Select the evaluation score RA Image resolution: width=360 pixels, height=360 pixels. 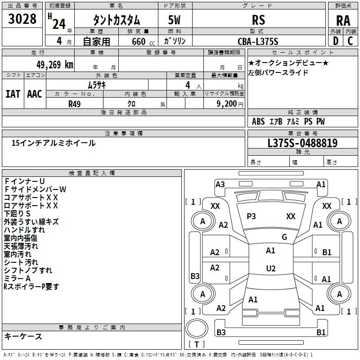[x=343, y=21]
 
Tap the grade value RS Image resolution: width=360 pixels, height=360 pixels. [x=259, y=20]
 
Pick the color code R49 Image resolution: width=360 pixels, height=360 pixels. [x=74, y=103]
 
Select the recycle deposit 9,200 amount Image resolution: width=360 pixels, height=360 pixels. [x=225, y=103]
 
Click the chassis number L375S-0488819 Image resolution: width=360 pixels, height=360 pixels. [x=302, y=143]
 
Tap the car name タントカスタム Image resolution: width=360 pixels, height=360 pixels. [x=117, y=20]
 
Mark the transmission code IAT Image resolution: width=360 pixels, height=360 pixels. [x=12, y=94]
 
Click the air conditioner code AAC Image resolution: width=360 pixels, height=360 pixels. [x=35, y=94]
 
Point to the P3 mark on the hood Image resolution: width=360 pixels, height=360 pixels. [x=251, y=216]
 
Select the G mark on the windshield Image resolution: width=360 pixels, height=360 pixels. [x=284, y=237]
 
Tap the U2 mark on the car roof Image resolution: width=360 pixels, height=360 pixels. [x=270, y=269]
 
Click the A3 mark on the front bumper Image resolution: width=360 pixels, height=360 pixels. [x=220, y=184]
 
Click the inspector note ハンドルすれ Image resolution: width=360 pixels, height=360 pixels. [x=25, y=230]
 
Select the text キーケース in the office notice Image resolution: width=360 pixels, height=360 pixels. [x=23, y=336]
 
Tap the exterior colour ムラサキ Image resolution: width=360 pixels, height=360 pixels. [x=97, y=85]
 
